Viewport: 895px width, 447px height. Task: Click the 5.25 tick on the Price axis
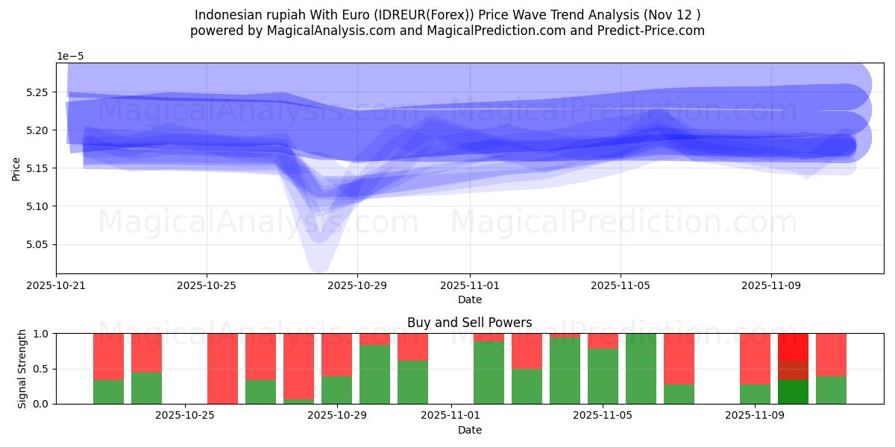(37, 92)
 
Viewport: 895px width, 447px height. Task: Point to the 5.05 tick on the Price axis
(37, 244)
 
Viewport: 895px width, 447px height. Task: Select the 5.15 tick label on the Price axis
(37, 168)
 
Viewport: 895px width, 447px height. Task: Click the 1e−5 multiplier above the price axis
(70, 57)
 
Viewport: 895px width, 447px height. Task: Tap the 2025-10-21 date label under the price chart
(56, 285)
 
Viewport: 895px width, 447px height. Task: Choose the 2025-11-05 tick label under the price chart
(621, 285)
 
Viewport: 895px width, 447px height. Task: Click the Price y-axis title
(16, 168)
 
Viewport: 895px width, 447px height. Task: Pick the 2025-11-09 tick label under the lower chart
(756, 415)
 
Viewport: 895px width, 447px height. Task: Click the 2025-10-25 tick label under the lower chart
(184, 415)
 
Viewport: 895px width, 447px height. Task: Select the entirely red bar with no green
(222, 369)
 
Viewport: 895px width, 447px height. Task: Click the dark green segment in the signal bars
(793, 392)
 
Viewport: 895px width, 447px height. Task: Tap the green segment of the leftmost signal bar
(108, 392)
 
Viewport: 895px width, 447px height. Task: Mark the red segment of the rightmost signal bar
(831, 355)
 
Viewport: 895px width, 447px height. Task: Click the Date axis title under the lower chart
(469, 430)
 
